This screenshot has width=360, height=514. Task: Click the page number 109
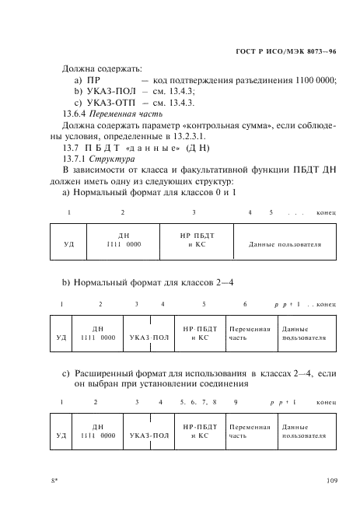[331, 481]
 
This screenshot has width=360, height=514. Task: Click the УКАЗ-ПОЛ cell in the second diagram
[149, 338]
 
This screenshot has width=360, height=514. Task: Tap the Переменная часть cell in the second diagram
[250, 334]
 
